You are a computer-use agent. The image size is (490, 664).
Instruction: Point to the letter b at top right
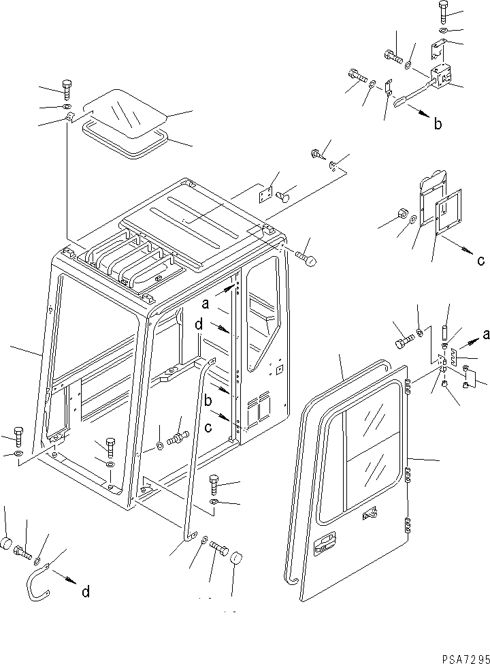(x=438, y=123)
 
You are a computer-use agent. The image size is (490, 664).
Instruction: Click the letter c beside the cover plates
(x=481, y=259)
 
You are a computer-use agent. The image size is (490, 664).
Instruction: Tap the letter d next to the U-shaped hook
(x=85, y=592)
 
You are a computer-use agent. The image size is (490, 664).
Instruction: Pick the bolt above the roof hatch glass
(x=67, y=89)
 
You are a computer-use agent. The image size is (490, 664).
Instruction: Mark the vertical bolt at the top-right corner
(x=444, y=10)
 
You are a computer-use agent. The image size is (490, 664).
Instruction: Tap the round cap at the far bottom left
(x=6, y=543)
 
